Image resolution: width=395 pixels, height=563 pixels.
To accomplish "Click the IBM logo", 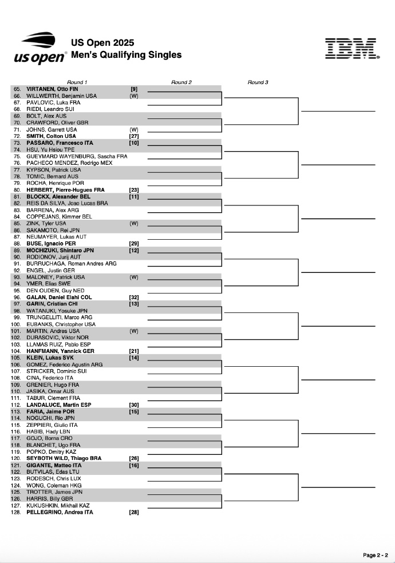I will pyautogui.click(x=351, y=49).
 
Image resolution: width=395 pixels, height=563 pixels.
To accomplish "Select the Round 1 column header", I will pyautogui.click(x=77, y=82).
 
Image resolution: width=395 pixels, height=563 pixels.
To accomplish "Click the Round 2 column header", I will pyautogui.click(x=181, y=82).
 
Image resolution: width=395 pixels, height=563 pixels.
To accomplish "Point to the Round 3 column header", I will pyautogui.click(x=258, y=82).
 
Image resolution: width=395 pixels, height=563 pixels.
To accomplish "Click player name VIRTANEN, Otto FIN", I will pyautogui.click(x=52, y=89).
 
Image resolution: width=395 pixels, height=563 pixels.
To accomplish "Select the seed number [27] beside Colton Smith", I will pyautogui.click(x=134, y=136).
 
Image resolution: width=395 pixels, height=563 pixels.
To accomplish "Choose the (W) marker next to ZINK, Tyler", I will pyautogui.click(x=134, y=223).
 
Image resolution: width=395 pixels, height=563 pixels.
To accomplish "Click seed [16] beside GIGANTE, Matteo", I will pyautogui.click(x=134, y=465).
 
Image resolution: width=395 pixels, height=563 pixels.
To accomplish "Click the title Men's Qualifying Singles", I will pyautogui.click(x=126, y=55).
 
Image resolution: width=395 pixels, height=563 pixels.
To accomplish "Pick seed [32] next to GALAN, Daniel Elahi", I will pyautogui.click(x=134, y=298).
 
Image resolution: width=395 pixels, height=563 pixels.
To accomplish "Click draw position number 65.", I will pyautogui.click(x=17, y=89).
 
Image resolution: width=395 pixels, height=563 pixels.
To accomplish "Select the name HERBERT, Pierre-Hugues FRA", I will pyautogui.click(x=65, y=190).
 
